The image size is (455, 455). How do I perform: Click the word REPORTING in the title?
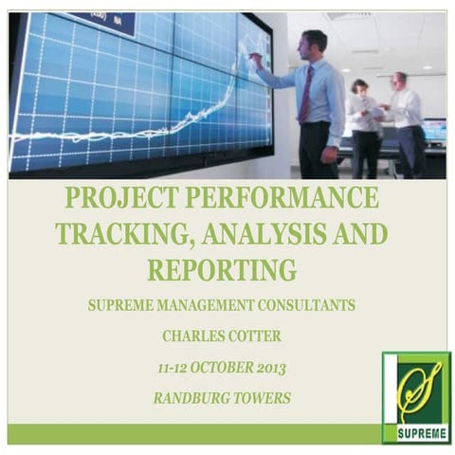click(x=222, y=270)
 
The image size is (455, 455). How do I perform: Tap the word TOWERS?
click(x=264, y=398)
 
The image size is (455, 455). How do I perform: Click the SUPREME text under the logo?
click(x=416, y=434)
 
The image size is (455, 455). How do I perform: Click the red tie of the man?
click(x=306, y=95)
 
